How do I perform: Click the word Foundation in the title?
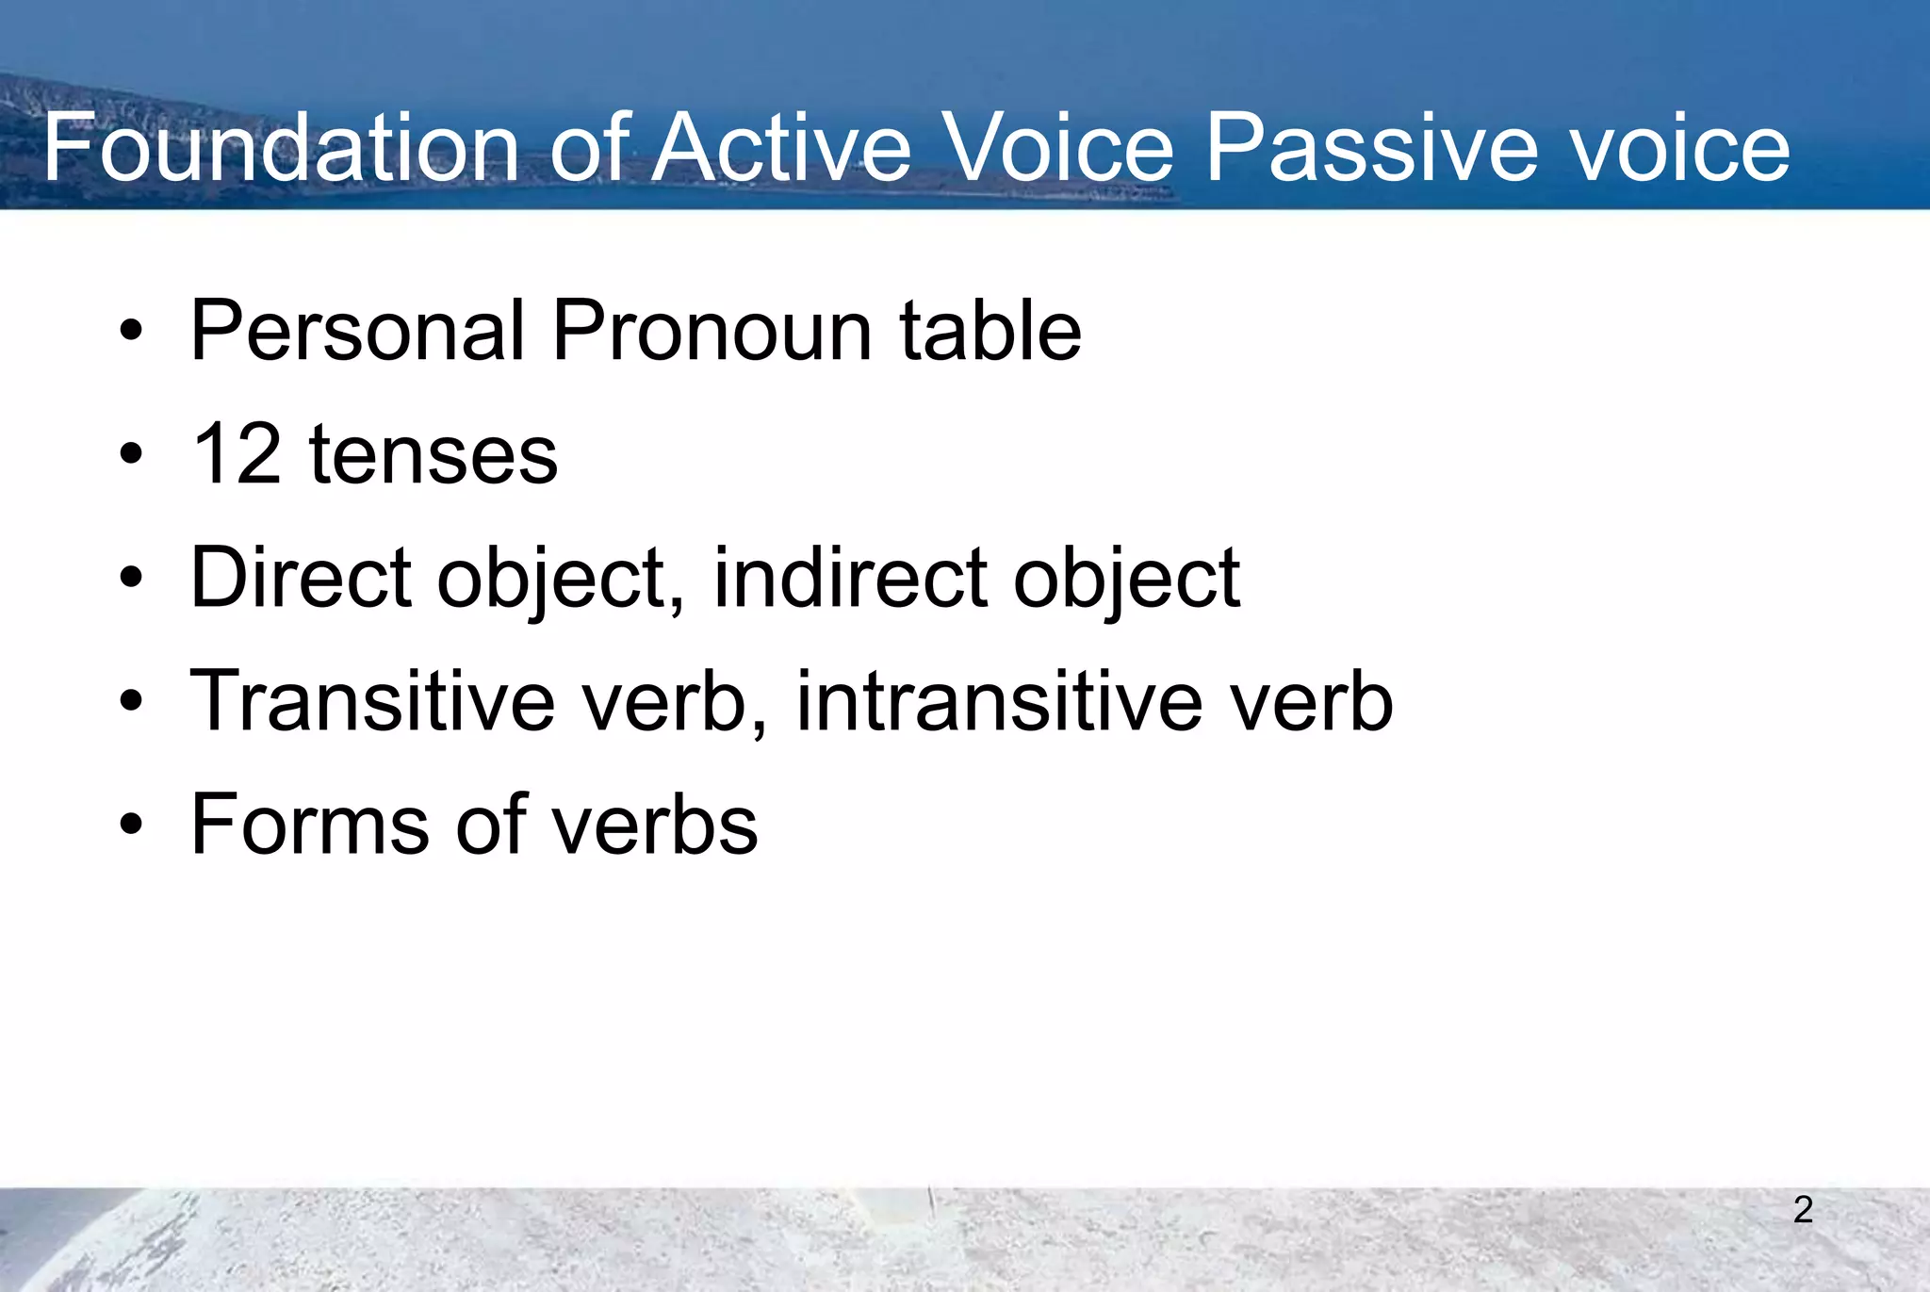281,149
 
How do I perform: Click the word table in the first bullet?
990,331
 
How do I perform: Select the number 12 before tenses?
236,455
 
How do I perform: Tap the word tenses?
433,455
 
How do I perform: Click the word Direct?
301,578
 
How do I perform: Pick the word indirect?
850,578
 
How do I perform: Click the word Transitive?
373,701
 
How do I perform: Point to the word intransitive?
1000,701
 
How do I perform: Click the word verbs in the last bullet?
655,825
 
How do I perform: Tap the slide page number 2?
1803,1210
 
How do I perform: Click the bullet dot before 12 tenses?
131,455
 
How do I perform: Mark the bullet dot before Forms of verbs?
131,826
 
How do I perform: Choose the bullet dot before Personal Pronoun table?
131,332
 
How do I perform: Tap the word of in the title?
590,149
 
